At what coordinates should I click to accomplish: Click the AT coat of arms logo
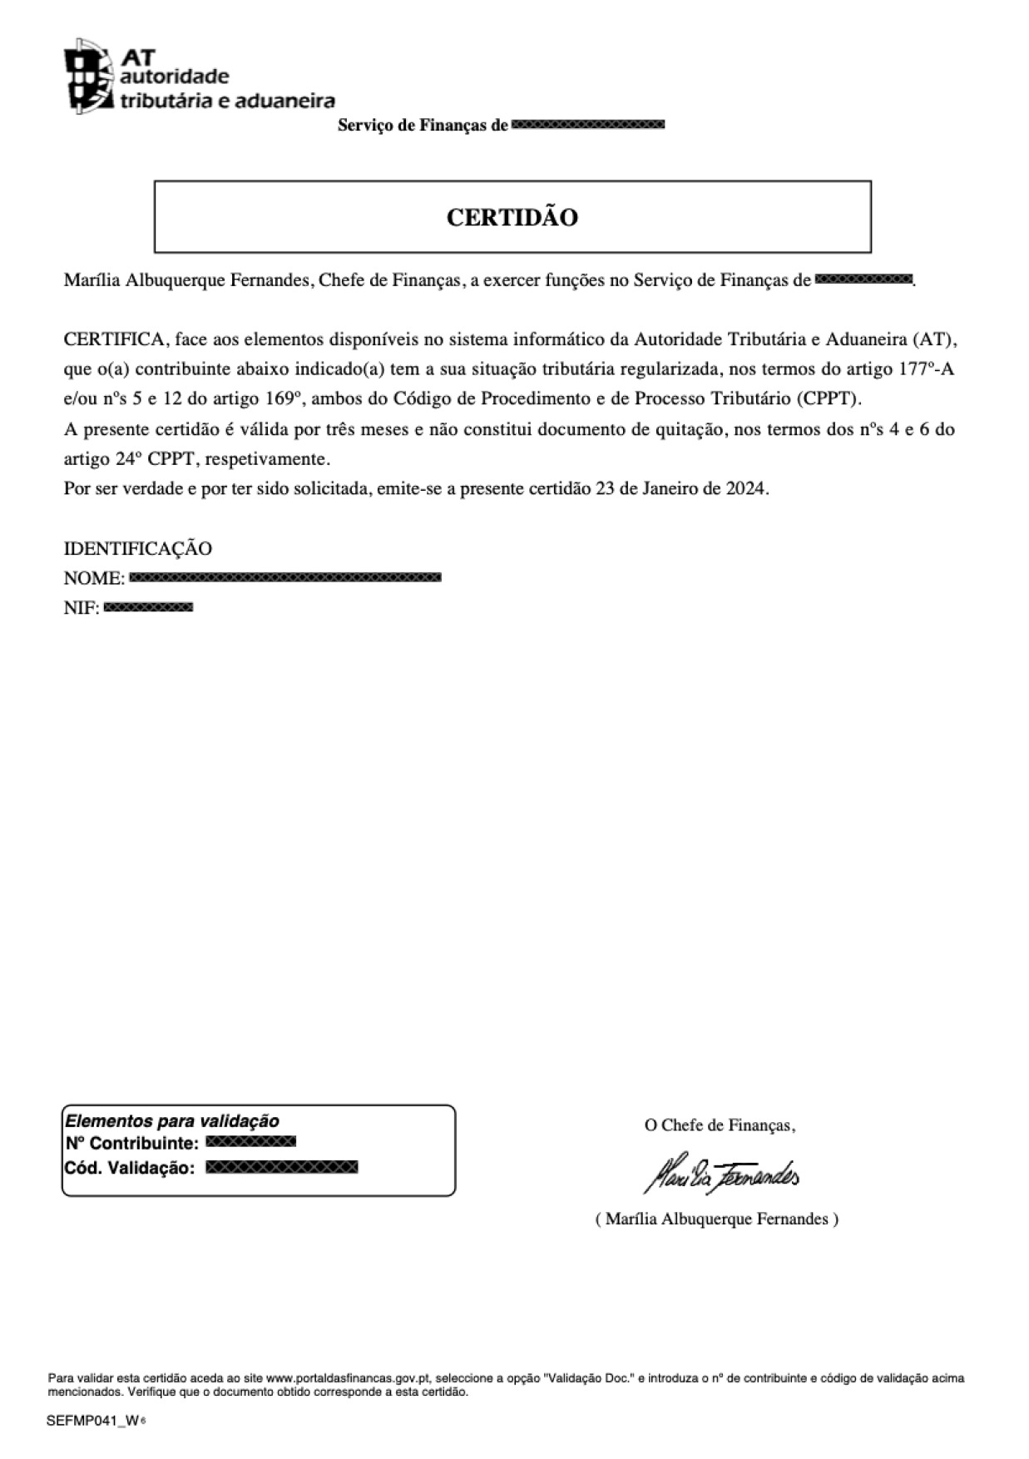tap(88, 76)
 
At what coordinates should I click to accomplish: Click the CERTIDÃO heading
tap(512, 217)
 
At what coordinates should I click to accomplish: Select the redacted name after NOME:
tap(285, 577)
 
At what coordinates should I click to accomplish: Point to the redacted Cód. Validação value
tap(281, 1167)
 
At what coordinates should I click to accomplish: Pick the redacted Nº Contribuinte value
tap(250, 1142)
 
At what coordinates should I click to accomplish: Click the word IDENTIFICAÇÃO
tap(138, 548)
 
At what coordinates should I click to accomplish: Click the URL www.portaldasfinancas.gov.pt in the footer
tap(348, 1378)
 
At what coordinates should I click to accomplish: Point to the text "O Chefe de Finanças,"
tap(720, 1125)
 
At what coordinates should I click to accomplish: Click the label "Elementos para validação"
tap(172, 1121)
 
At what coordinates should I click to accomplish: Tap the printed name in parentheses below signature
tap(716, 1219)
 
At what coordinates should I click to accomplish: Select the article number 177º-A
tap(926, 368)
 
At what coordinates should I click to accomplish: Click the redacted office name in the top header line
tap(587, 126)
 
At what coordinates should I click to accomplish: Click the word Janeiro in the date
tap(670, 488)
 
